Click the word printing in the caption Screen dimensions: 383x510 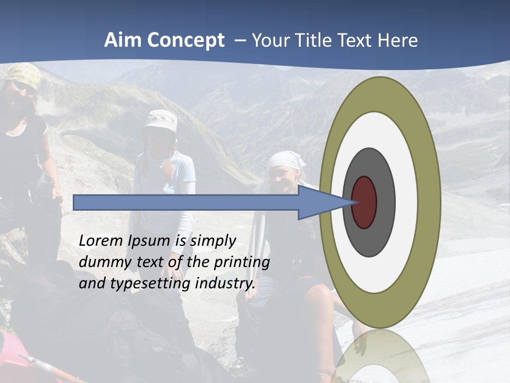tap(241, 262)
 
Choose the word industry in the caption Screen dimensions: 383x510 tap(225, 283)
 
